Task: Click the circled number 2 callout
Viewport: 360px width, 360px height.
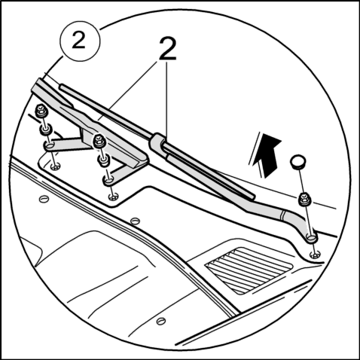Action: (80, 41)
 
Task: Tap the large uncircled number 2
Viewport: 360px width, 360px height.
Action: (168, 50)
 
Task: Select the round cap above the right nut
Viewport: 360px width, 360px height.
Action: (298, 162)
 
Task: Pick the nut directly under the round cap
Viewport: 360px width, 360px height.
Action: (305, 199)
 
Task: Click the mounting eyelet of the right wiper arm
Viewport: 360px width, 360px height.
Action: (311, 238)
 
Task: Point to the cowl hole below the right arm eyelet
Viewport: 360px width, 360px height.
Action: (315, 255)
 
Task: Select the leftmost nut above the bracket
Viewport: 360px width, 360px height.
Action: (41, 111)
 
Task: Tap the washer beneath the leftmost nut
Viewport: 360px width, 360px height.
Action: (46, 130)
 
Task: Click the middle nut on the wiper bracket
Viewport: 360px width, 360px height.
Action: (99, 141)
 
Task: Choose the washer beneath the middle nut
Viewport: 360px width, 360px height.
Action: (103, 160)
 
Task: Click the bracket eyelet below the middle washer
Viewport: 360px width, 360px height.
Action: (108, 181)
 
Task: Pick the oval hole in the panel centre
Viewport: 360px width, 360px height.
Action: (135, 221)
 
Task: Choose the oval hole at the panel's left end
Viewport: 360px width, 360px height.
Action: (44, 199)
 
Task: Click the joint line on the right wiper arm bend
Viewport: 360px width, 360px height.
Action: (283, 215)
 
